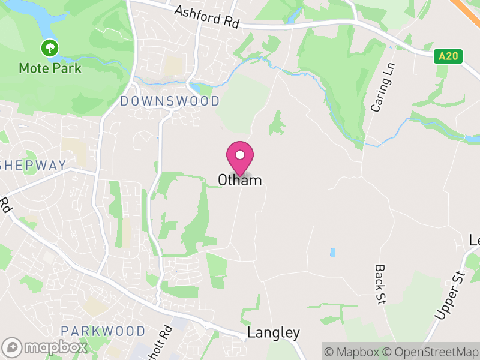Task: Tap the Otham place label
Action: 240,180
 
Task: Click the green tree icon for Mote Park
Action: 50,47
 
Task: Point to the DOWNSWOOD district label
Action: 170,101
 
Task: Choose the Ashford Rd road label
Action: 207,18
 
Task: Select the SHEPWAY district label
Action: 33,166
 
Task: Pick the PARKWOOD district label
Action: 103,331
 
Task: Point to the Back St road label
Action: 379,284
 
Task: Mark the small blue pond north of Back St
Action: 332,253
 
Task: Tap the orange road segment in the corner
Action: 472,7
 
